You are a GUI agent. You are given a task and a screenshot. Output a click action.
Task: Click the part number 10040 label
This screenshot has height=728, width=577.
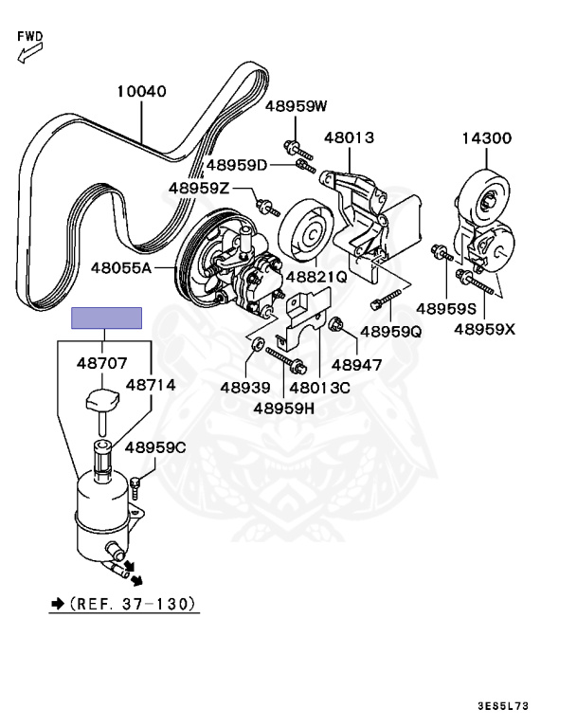tap(142, 93)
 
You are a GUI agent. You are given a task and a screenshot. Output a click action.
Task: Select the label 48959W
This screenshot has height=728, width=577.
tap(296, 105)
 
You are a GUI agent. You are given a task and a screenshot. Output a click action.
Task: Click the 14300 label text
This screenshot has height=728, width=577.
tap(486, 138)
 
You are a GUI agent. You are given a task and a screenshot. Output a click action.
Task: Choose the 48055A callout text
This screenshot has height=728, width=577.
tap(121, 268)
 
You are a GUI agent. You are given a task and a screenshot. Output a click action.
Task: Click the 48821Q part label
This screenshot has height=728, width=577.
tap(316, 279)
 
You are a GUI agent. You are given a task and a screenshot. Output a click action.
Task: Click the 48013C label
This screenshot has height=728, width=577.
tap(320, 387)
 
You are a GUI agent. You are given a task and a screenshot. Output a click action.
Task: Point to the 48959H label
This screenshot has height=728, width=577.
tap(284, 409)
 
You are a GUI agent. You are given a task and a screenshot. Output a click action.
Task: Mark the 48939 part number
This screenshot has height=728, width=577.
tap(245, 387)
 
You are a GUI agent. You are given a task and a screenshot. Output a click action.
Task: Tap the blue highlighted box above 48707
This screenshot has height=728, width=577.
tap(108, 317)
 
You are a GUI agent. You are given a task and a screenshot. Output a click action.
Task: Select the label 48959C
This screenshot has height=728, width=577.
tap(155, 447)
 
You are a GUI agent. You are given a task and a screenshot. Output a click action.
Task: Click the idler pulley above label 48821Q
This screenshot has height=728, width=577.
tap(304, 234)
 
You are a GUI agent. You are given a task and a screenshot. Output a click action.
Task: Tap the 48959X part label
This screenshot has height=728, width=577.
tap(484, 329)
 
